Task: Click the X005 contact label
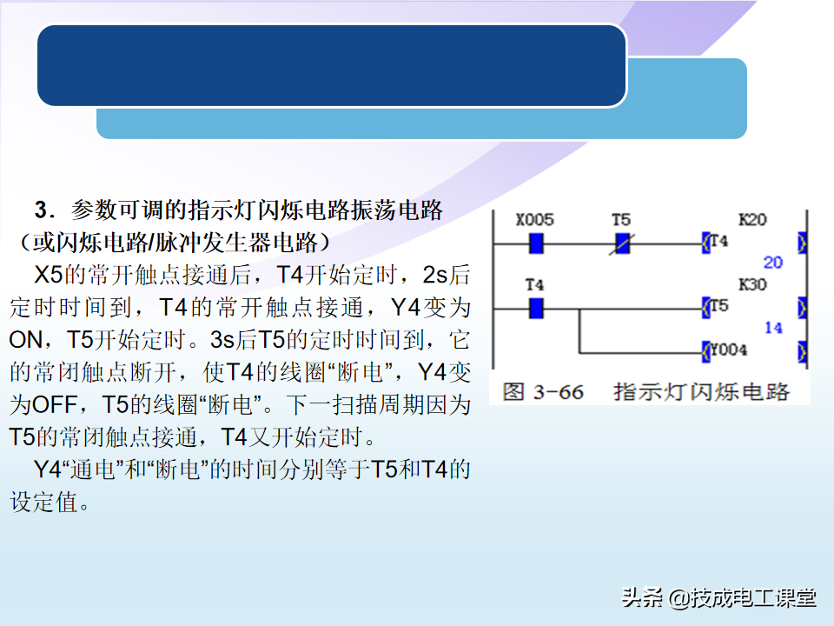(x=534, y=219)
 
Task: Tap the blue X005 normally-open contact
(x=536, y=243)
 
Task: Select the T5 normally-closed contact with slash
(x=622, y=243)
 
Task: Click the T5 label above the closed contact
(x=620, y=219)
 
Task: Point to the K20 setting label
(x=752, y=219)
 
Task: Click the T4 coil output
(x=715, y=242)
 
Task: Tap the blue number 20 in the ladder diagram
(x=773, y=262)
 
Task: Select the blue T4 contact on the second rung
(x=536, y=308)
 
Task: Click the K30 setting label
(x=752, y=284)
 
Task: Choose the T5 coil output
(x=715, y=307)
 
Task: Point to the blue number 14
(x=773, y=328)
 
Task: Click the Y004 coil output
(x=725, y=350)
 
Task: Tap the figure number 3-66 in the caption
(x=558, y=392)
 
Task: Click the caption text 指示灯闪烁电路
(x=702, y=392)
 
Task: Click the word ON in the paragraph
(x=25, y=340)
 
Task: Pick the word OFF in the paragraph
(x=55, y=405)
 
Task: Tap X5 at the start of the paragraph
(x=49, y=276)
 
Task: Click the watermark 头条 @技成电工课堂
(x=718, y=597)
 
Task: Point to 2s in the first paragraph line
(x=434, y=276)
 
